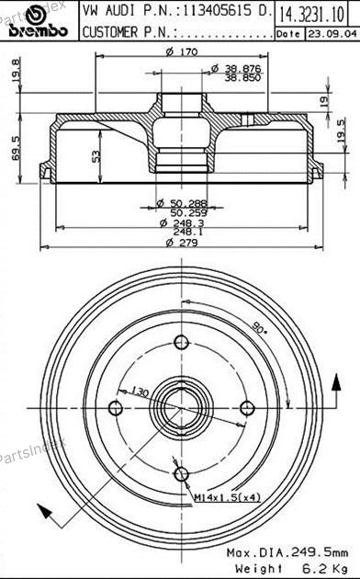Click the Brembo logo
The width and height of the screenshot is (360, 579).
[x=38, y=22]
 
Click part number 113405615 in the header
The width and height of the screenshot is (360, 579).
[x=217, y=11]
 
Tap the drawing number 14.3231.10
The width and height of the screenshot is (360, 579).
[x=311, y=14]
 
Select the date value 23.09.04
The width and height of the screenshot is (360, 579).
[x=332, y=34]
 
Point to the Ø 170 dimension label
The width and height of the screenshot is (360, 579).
[x=182, y=51]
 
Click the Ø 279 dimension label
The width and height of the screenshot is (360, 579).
[x=182, y=243]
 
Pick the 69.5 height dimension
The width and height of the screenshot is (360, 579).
[x=16, y=148]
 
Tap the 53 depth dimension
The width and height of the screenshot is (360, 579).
[x=96, y=156]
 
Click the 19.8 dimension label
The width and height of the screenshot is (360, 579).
[x=16, y=70]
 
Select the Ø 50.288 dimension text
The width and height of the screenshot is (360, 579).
[x=182, y=203]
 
